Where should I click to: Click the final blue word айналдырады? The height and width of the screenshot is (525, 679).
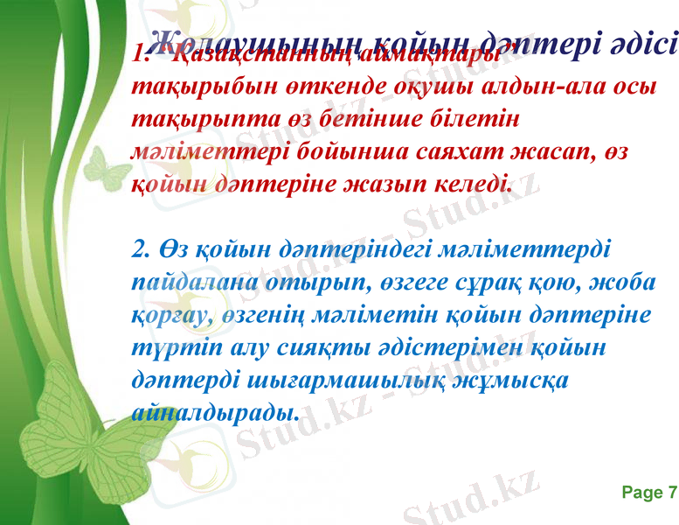click(x=215, y=411)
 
